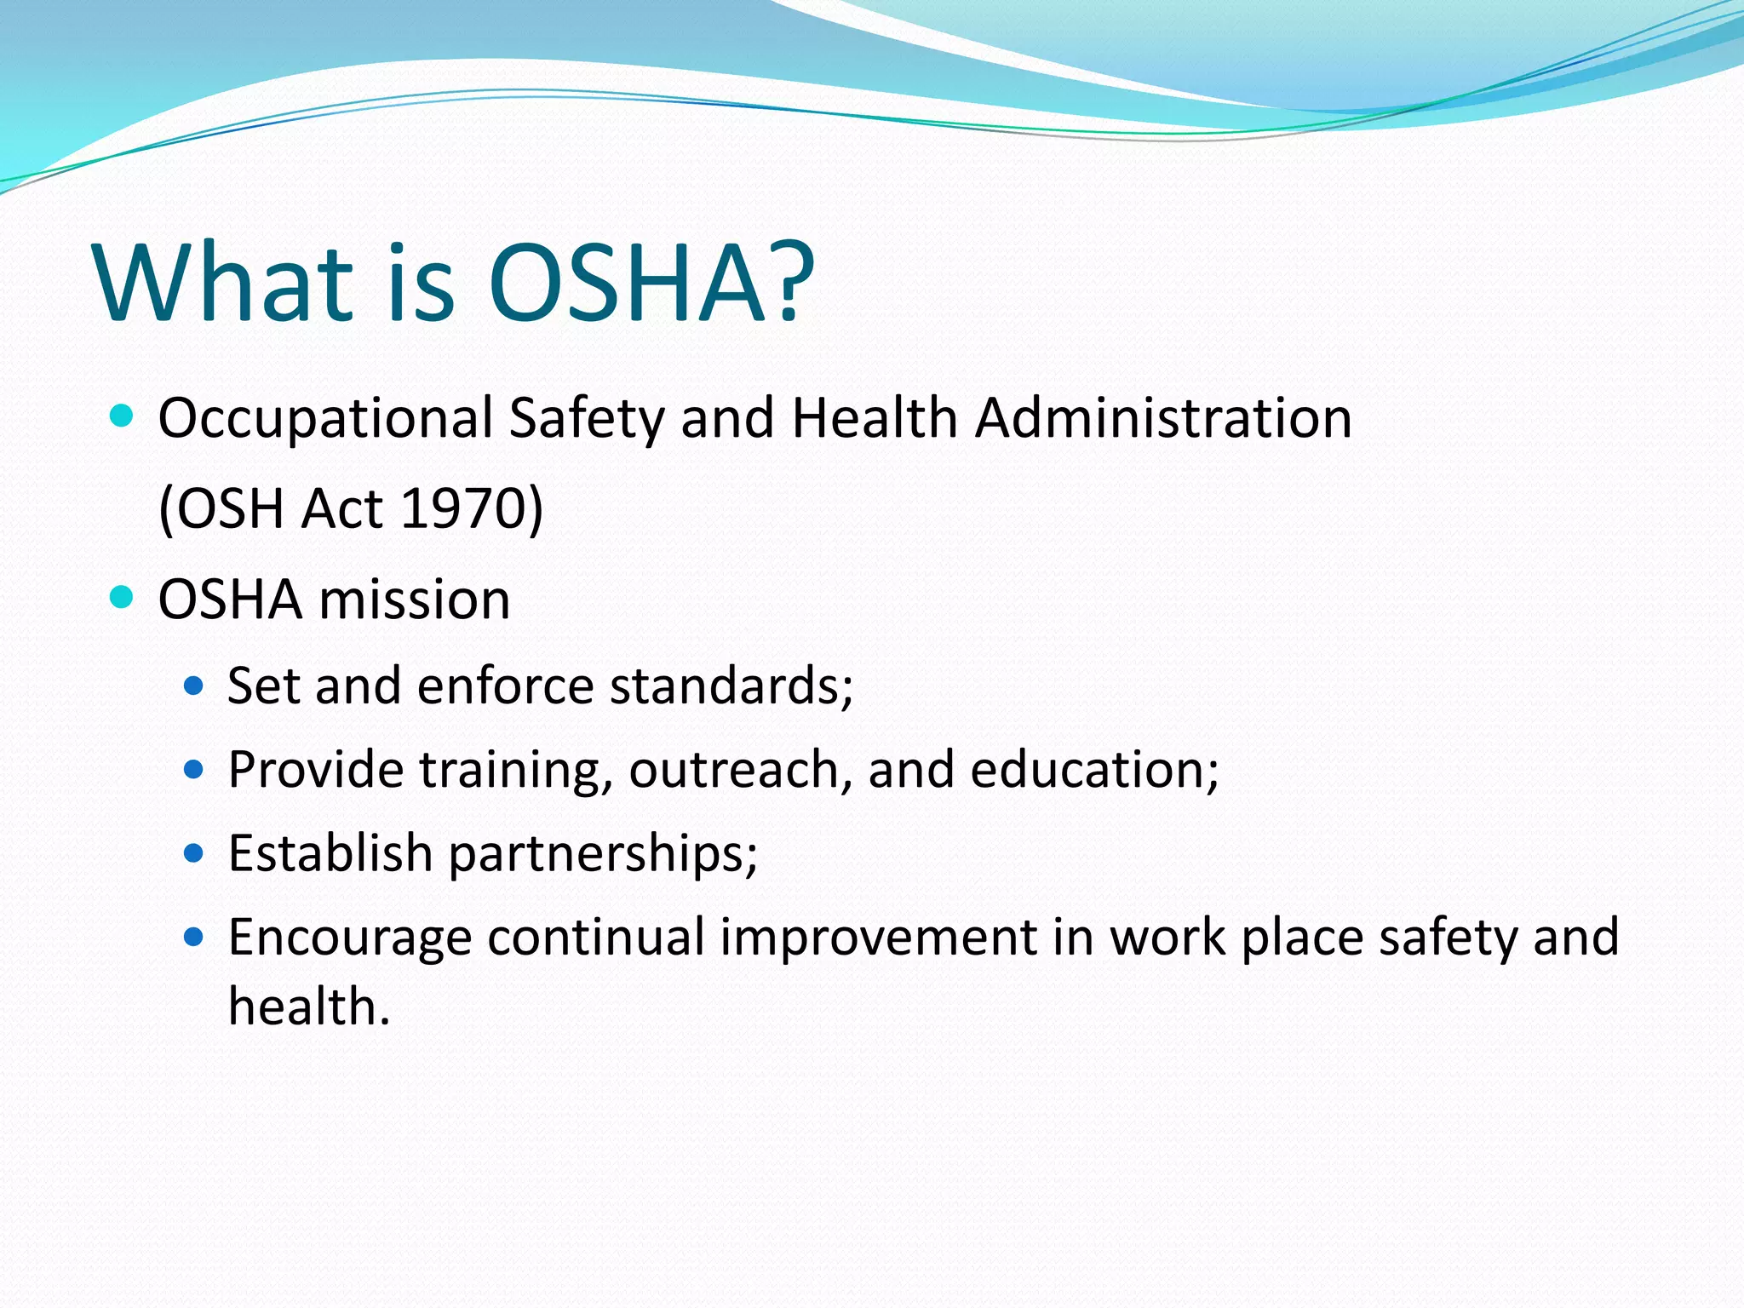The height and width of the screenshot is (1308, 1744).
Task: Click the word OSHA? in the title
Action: coord(651,283)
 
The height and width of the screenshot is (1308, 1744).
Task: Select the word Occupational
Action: coord(325,419)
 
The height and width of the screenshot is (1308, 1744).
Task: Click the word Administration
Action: coord(1163,419)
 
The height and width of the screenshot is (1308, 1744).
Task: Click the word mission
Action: coord(415,599)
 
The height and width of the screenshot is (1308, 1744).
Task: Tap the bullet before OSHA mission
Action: coord(123,597)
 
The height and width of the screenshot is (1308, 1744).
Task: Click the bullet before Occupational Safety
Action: coord(123,416)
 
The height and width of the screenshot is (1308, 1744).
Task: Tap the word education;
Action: coord(1094,770)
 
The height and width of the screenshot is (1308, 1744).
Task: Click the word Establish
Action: coord(330,853)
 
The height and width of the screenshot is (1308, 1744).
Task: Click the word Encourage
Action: coord(350,938)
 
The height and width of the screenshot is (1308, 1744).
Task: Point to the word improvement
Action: coord(878,938)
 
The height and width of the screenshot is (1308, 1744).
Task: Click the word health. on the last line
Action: coord(309,1007)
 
